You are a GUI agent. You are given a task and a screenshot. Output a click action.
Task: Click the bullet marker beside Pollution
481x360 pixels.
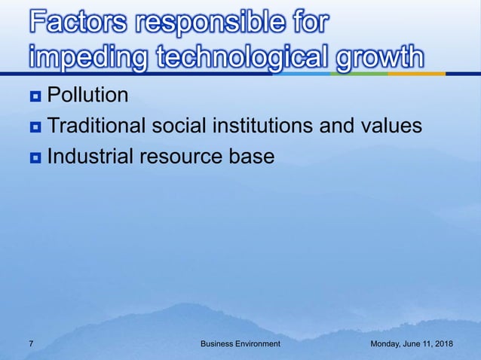(35, 96)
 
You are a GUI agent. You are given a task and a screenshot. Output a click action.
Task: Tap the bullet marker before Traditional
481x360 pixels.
(35, 126)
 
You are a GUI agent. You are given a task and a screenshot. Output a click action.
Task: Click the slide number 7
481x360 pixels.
(31, 343)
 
